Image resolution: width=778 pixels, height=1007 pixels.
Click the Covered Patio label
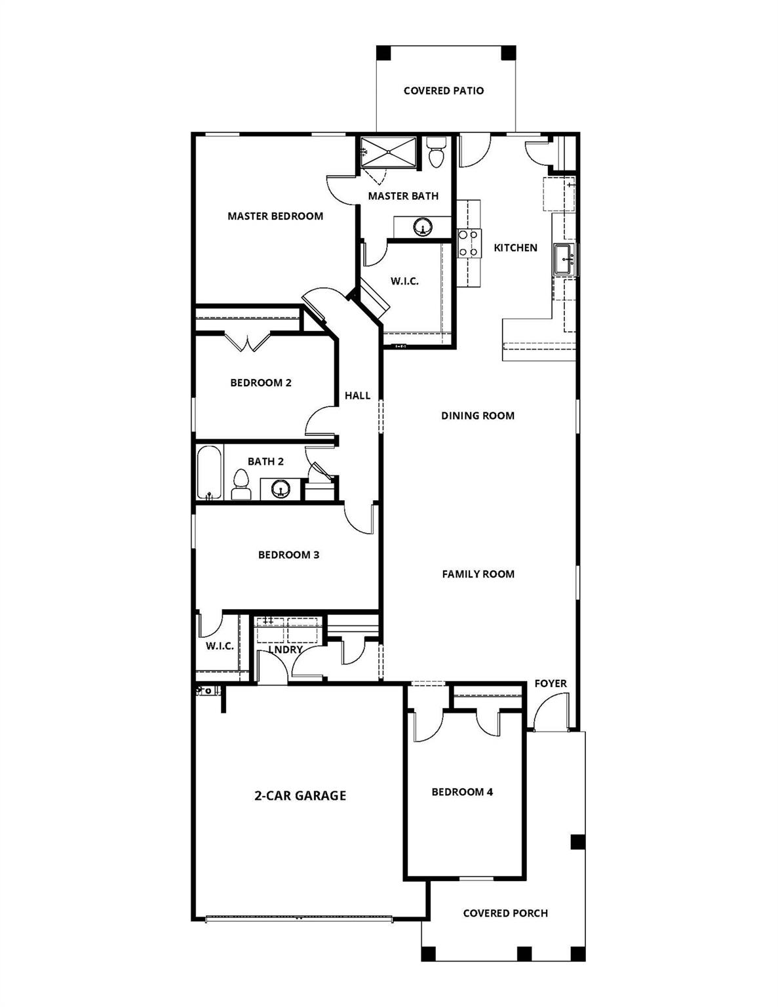click(444, 90)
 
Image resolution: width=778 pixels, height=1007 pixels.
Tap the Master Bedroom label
click(275, 216)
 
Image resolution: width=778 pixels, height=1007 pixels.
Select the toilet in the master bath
click(435, 153)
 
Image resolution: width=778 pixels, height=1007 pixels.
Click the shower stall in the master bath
click(389, 152)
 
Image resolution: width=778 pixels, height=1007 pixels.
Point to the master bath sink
click(423, 227)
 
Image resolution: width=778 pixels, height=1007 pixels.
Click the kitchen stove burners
click(469, 243)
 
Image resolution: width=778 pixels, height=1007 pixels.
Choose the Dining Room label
click(478, 416)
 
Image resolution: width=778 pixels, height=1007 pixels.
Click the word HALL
click(358, 395)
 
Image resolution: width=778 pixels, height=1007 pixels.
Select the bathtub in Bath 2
click(210, 473)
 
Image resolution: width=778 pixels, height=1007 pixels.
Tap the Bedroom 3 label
click(288, 555)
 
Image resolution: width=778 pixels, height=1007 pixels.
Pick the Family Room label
click(478, 574)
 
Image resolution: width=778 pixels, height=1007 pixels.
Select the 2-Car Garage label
click(300, 796)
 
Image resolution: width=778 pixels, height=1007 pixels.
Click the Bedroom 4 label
click(462, 792)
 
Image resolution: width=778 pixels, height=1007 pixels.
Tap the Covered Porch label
click(505, 913)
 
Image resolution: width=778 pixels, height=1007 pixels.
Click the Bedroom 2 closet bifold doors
click(248, 342)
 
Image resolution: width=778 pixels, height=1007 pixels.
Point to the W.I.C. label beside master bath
click(404, 281)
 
